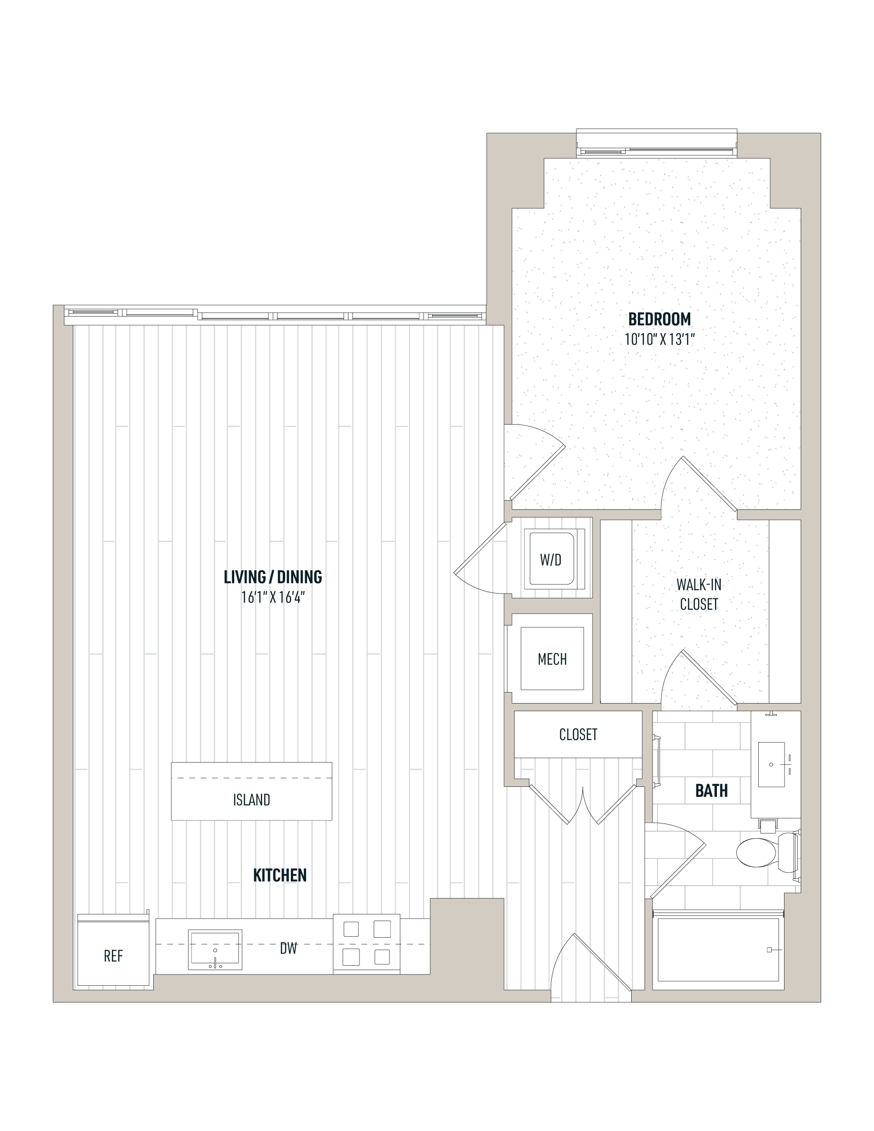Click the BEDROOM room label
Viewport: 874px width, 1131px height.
pyautogui.click(x=659, y=319)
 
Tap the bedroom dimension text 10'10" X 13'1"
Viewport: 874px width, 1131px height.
pyautogui.click(x=659, y=340)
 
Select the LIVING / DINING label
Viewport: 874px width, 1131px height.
pyautogui.click(x=273, y=577)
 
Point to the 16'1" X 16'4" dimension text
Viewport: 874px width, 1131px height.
pyautogui.click(x=273, y=597)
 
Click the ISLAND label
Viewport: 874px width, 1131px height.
pyautogui.click(x=252, y=800)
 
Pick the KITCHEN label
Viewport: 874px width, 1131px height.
pyautogui.click(x=279, y=876)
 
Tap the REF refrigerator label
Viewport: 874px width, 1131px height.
pyautogui.click(x=113, y=956)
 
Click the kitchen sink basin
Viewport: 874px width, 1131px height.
pyautogui.click(x=215, y=949)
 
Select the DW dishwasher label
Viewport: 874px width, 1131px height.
pyautogui.click(x=288, y=948)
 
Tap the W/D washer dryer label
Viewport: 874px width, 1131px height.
pyautogui.click(x=550, y=560)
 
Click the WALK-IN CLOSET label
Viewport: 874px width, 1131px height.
pyautogui.click(x=699, y=595)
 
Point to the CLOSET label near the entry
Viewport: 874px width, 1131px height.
pyautogui.click(x=578, y=734)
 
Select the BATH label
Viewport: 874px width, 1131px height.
pyautogui.click(x=711, y=791)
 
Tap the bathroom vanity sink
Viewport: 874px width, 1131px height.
pyautogui.click(x=772, y=764)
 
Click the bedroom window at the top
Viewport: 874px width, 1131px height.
pyautogui.click(x=657, y=143)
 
